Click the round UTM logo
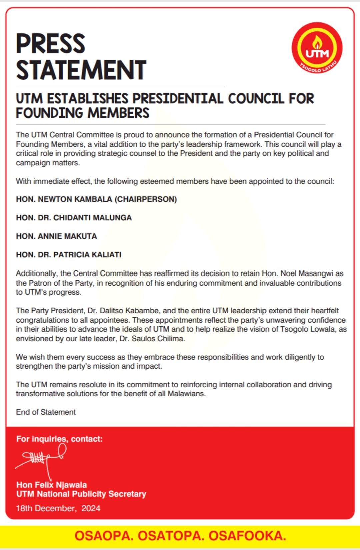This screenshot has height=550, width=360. [x=317, y=48]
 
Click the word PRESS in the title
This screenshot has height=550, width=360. [x=51, y=43]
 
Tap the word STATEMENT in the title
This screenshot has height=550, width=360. [x=81, y=70]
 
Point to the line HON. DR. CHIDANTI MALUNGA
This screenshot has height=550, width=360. [x=74, y=218]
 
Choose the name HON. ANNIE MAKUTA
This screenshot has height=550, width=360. [x=56, y=236]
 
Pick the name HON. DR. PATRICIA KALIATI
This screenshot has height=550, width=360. [x=69, y=255]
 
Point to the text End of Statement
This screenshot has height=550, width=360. [x=46, y=412]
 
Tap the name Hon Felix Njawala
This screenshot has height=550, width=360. [x=51, y=485]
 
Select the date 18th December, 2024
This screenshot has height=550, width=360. [x=58, y=508]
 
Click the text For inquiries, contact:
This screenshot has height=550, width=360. [x=59, y=439]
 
